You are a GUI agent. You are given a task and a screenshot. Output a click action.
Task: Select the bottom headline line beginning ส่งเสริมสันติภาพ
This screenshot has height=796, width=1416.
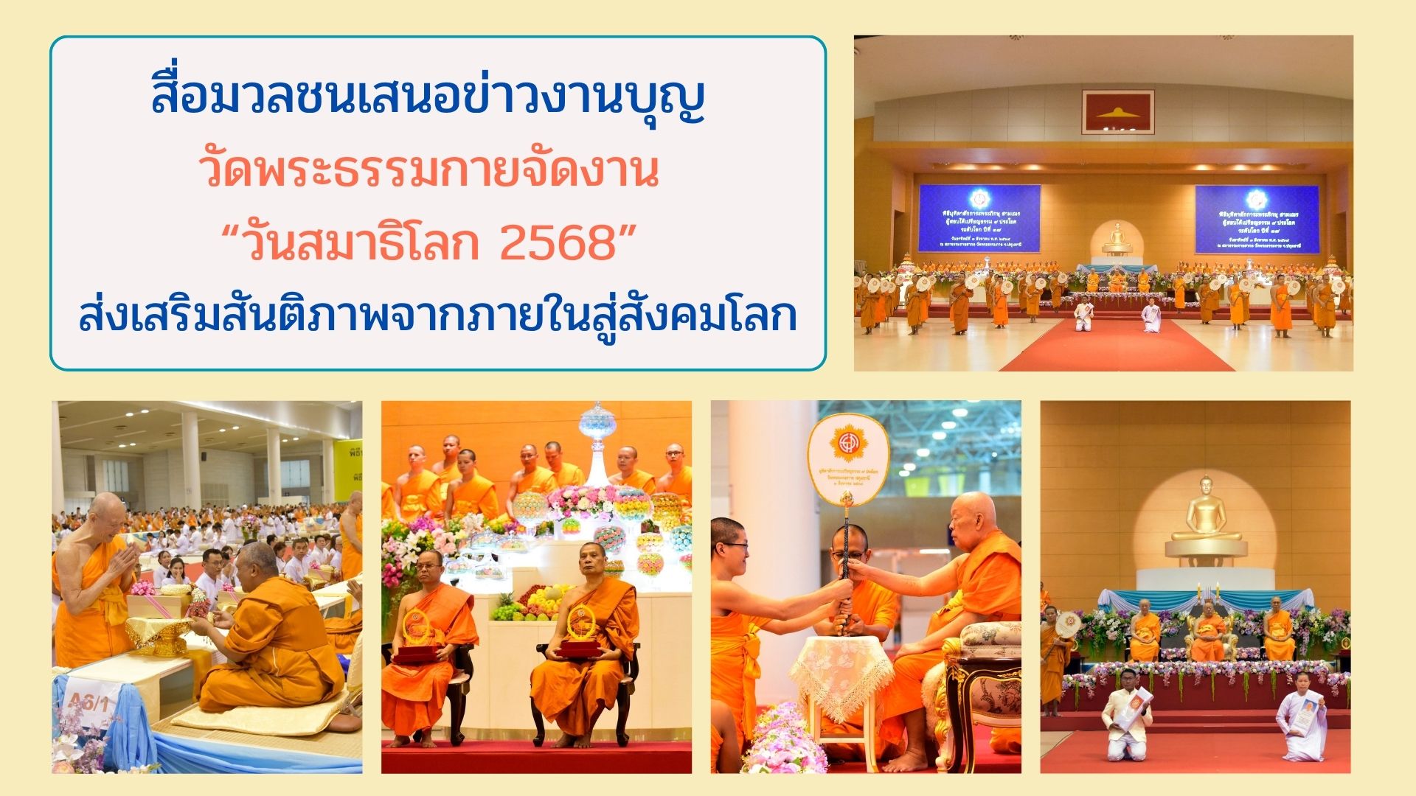point(438,315)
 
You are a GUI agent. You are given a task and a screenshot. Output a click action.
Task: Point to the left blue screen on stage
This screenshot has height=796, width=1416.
point(979,218)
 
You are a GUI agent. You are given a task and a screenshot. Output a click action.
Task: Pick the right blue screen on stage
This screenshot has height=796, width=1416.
point(1257,219)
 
